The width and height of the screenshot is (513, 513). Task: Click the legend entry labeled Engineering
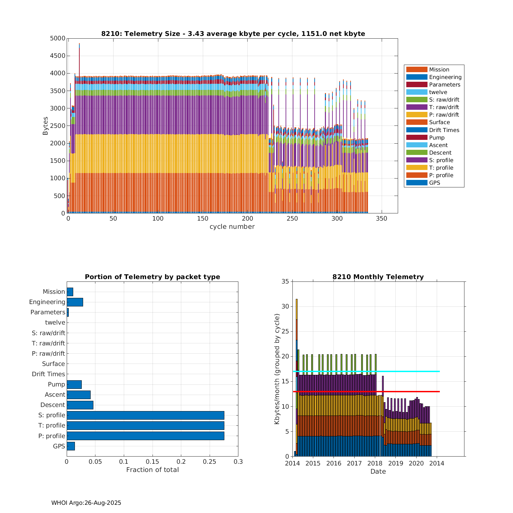tap(445, 77)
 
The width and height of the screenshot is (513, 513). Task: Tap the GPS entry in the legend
tap(434, 183)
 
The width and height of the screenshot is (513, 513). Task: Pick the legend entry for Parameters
tap(445, 85)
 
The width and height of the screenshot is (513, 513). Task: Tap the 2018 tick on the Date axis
tap(375, 464)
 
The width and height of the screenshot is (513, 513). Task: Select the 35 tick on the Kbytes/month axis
tap(285, 282)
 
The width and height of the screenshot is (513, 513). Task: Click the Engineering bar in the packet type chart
tap(75, 302)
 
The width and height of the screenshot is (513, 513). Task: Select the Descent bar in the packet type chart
tap(80, 405)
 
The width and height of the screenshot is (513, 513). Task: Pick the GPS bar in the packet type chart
tap(71, 446)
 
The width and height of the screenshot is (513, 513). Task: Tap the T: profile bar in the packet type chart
tap(145, 426)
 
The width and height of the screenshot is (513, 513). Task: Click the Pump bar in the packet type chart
tap(74, 385)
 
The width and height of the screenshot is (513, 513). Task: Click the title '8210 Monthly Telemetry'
tap(378, 277)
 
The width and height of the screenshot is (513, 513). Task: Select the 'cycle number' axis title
tap(232, 227)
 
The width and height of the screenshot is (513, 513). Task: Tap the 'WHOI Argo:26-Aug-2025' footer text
tap(86, 503)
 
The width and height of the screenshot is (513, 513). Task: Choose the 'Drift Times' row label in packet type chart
tap(48, 374)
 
